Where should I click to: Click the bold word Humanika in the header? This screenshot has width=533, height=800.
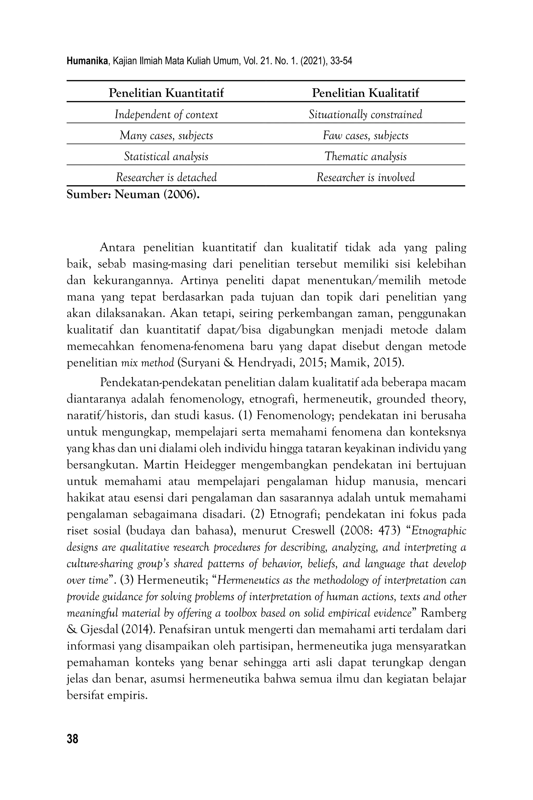tap(87, 61)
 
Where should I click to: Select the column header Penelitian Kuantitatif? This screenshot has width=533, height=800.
tap(166, 93)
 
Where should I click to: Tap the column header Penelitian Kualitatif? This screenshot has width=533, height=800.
tap(365, 93)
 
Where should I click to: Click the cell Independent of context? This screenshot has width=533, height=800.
tap(166, 115)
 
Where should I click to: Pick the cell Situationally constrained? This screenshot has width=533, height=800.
tap(365, 115)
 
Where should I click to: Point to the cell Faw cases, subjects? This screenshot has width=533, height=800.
tap(365, 136)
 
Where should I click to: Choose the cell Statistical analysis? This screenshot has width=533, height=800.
tap(166, 156)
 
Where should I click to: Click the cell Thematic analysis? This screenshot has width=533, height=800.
tap(365, 156)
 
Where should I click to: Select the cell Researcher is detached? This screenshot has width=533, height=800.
tap(166, 177)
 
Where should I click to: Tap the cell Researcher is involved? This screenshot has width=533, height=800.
tap(365, 177)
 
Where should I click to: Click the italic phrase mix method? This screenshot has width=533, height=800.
tap(148, 363)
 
